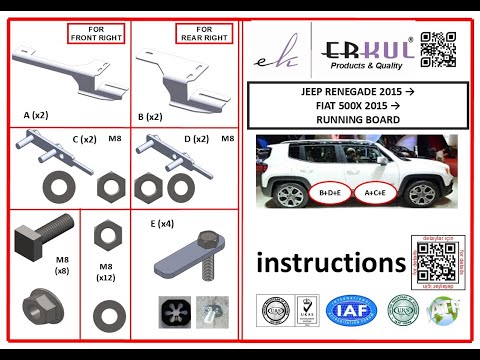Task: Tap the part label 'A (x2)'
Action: pyautogui.click(x=37, y=116)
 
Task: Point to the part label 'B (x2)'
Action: pyautogui.click(x=150, y=117)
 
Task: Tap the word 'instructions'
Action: pyautogui.click(x=331, y=263)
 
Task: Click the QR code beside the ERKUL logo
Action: pyautogui.click(x=438, y=50)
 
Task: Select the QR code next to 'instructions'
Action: pyautogui.click(x=432, y=262)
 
